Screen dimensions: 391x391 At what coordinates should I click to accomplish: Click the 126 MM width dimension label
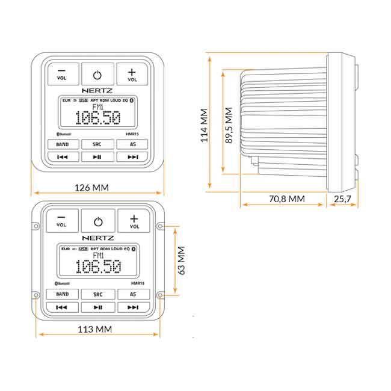click(92, 187)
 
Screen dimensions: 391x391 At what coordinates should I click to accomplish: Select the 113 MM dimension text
click(96, 329)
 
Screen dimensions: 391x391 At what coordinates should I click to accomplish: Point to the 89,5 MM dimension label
click(229, 125)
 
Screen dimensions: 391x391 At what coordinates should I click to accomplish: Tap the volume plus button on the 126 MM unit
click(132, 74)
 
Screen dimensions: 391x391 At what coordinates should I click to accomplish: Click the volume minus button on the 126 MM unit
click(62, 74)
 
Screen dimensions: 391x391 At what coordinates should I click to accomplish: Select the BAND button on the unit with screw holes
click(62, 294)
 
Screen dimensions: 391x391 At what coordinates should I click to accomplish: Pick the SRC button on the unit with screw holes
click(97, 294)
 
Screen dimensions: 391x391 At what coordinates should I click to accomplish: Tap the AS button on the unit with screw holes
click(133, 294)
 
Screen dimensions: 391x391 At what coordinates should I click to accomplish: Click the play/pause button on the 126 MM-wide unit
click(97, 157)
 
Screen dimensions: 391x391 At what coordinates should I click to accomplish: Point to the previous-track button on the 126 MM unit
click(62, 157)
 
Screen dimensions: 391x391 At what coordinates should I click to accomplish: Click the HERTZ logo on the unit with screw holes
click(97, 238)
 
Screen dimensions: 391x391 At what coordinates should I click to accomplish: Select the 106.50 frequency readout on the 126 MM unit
click(97, 119)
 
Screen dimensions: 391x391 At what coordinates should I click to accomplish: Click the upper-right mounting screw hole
click(159, 226)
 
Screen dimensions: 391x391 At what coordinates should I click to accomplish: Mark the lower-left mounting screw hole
click(35, 295)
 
